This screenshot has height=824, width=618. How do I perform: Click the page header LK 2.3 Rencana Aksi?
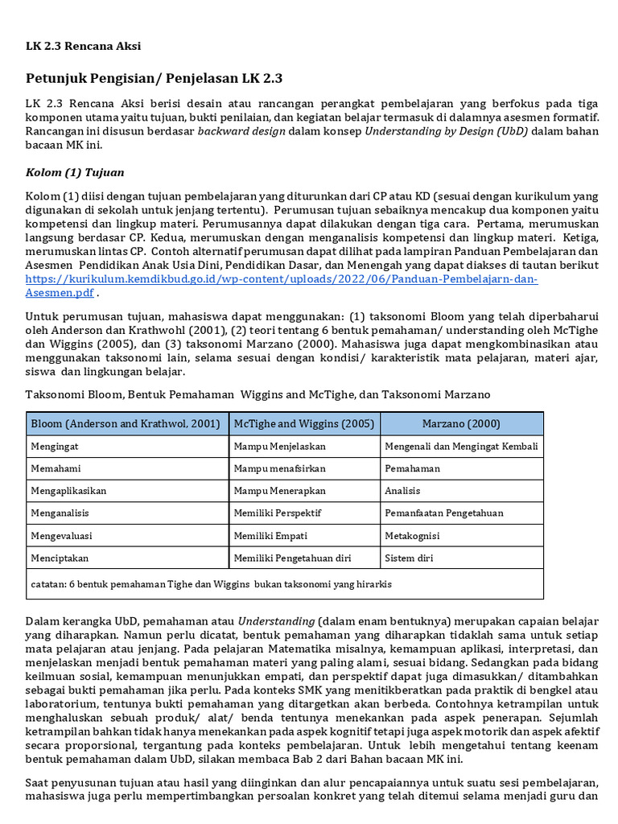84,46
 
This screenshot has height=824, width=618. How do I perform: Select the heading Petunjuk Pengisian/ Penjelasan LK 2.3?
154,78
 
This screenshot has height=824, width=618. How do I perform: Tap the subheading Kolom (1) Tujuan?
75,172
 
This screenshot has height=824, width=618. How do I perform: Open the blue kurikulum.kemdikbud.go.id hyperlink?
282,279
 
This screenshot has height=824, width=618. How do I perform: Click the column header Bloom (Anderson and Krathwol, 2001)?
126,424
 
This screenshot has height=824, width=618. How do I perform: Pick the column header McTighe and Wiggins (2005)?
304,424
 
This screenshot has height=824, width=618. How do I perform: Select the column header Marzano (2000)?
461,424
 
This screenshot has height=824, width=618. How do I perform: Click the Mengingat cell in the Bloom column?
55,446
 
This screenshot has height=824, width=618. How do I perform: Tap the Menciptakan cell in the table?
60,557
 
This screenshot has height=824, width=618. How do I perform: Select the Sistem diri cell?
408,557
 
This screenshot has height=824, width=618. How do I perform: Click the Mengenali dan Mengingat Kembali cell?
461,446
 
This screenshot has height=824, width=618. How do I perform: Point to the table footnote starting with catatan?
209,583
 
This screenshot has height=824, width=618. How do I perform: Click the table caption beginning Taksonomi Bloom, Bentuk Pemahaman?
257,394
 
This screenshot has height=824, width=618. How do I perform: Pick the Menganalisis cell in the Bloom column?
60,513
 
